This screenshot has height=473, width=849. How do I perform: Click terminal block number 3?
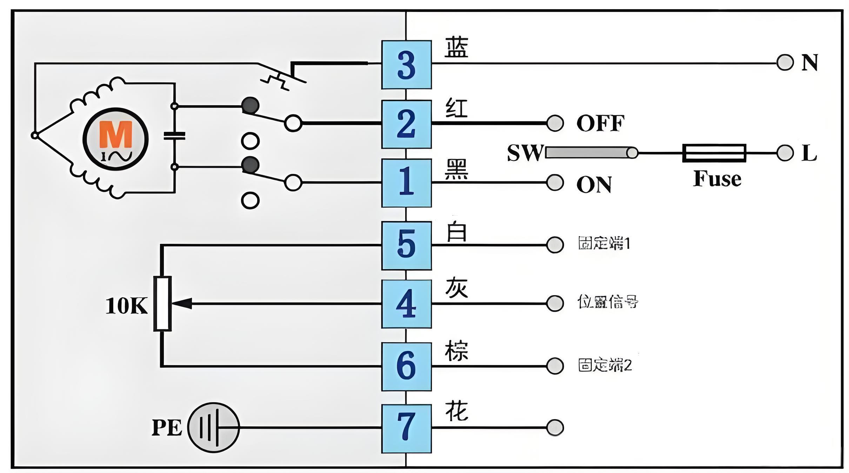pos(406,65)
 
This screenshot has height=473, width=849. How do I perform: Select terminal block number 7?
pos(406,428)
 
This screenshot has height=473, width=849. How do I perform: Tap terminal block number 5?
pos(406,245)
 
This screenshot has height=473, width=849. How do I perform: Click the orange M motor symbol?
pos(115,135)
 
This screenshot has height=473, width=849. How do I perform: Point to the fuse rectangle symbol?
pos(714,153)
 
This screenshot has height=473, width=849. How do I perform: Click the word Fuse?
pos(717,179)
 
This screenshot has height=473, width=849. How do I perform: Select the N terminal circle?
pos(785,63)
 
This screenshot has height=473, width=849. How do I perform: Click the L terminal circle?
pos(785,153)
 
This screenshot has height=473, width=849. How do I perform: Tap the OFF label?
pos(600,123)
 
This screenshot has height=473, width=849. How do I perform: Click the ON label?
pos(594,185)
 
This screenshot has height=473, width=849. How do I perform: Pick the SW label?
pos(525,153)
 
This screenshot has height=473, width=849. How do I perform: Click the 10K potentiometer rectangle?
pos(162,304)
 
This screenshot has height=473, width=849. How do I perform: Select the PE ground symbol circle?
pos(213,427)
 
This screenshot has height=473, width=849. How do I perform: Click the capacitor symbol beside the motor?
pos(174,136)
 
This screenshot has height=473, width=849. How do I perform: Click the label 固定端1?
pos(604,244)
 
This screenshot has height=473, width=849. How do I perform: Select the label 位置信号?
pos(607,302)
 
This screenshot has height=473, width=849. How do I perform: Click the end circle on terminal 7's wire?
pos(555,427)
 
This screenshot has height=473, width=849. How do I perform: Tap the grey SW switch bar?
pos(589,153)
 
